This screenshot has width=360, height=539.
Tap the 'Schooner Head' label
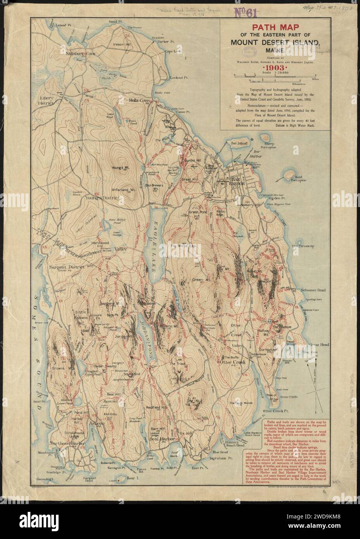tap(312, 290)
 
